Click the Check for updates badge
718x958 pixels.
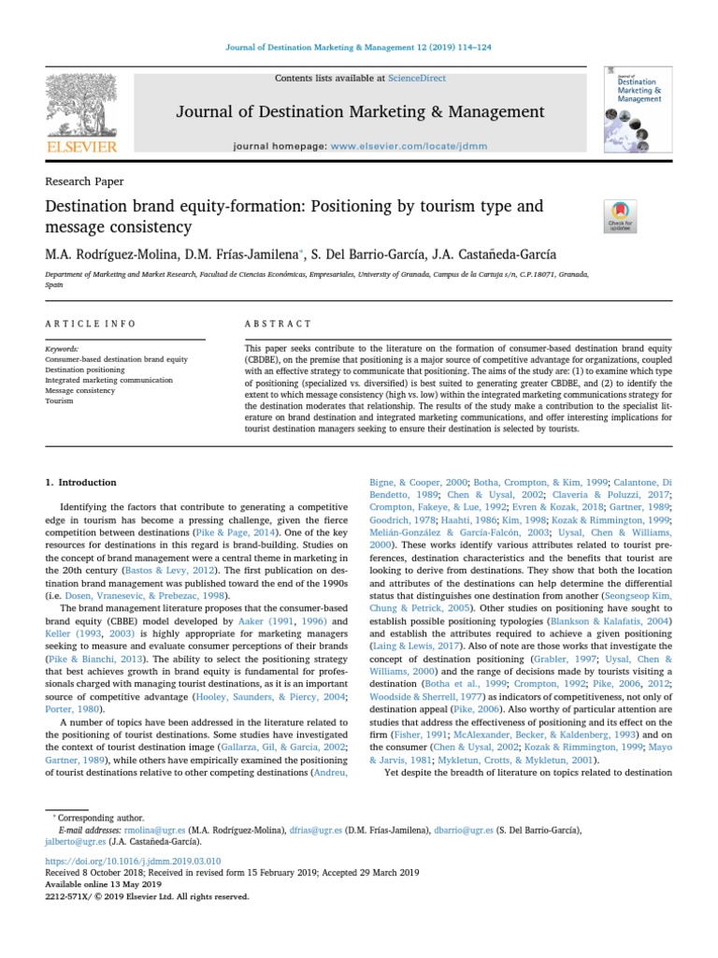click(621, 216)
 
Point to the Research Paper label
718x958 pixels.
click(84, 181)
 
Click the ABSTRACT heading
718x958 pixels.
click(278, 324)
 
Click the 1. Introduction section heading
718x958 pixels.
click(81, 483)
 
